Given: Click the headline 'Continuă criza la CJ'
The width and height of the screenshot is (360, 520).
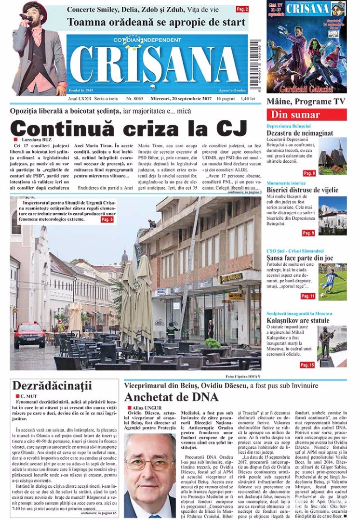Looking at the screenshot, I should [129, 129].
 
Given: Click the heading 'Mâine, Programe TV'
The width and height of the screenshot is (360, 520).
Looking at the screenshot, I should [306, 102].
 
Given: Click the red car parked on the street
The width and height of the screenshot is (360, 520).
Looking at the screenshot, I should [29, 334].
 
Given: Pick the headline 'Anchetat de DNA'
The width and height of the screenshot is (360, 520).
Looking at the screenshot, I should [171, 397].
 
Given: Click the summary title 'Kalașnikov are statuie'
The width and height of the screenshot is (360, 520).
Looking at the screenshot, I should [298, 320].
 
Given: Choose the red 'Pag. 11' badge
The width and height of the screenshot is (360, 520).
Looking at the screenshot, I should [308, 296].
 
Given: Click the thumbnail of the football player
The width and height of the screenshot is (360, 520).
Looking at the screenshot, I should [332, 282].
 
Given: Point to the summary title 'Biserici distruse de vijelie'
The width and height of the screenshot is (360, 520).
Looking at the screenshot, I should [303, 190].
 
